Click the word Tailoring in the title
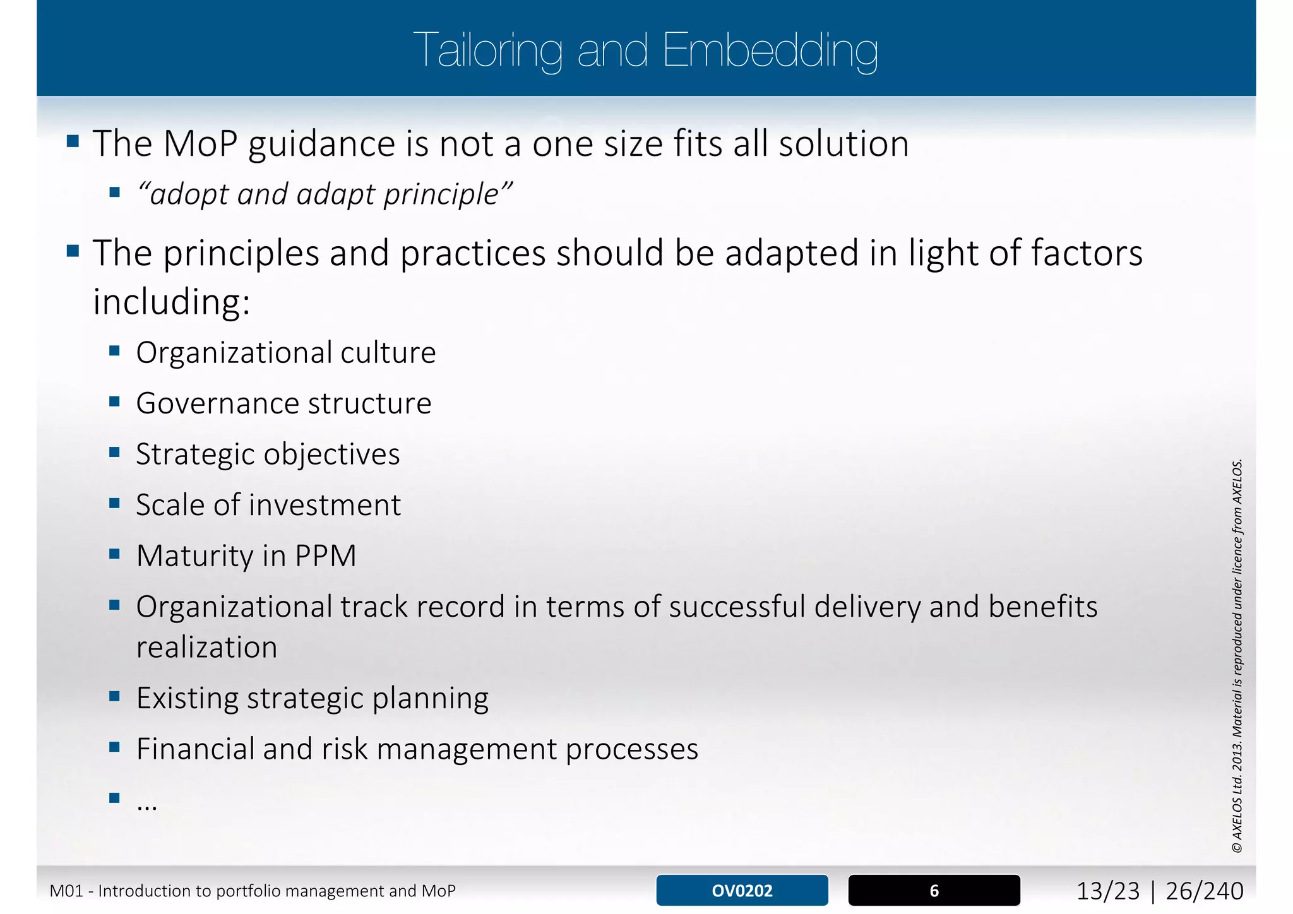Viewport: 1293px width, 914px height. pos(487,50)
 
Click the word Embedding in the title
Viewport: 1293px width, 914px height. pos(770,50)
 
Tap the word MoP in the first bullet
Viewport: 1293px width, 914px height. pos(200,144)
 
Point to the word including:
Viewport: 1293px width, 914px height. pos(172,302)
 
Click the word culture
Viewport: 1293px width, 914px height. pos(388,353)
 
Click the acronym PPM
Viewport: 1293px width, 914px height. pos(325,556)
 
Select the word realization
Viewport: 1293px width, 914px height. pos(206,648)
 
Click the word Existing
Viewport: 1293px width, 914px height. pos(186,698)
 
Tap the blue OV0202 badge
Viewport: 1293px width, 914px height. pos(742,891)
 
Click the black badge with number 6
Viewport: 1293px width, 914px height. pos(934,891)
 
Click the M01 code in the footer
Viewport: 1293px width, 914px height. pos(66,891)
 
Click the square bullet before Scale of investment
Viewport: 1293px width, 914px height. pos(114,504)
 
